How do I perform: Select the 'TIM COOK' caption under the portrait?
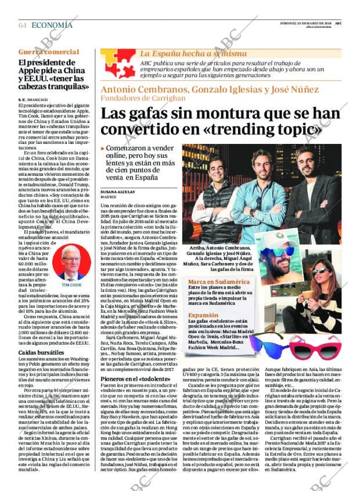click(72, 286)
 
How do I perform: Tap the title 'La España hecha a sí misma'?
click(185, 53)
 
